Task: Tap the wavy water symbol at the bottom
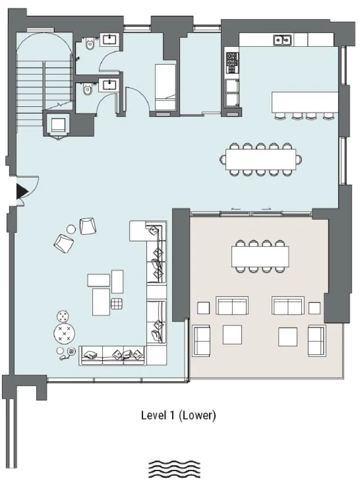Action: tap(174, 469)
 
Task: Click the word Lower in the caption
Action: tap(198, 415)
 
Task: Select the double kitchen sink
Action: tap(284, 40)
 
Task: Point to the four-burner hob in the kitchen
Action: tap(232, 63)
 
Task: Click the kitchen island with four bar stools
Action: tap(305, 102)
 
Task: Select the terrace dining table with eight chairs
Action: tap(260, 256)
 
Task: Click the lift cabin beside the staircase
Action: tap(58, 125)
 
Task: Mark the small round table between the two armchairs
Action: tap(71, 229)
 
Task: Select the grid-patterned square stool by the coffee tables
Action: tap(117, 303)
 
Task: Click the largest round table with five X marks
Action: tap(65, 334)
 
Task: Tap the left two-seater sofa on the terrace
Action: tap(232, 306)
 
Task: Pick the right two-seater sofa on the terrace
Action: tap(288, 306)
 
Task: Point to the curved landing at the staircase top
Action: tap(43, 46)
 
